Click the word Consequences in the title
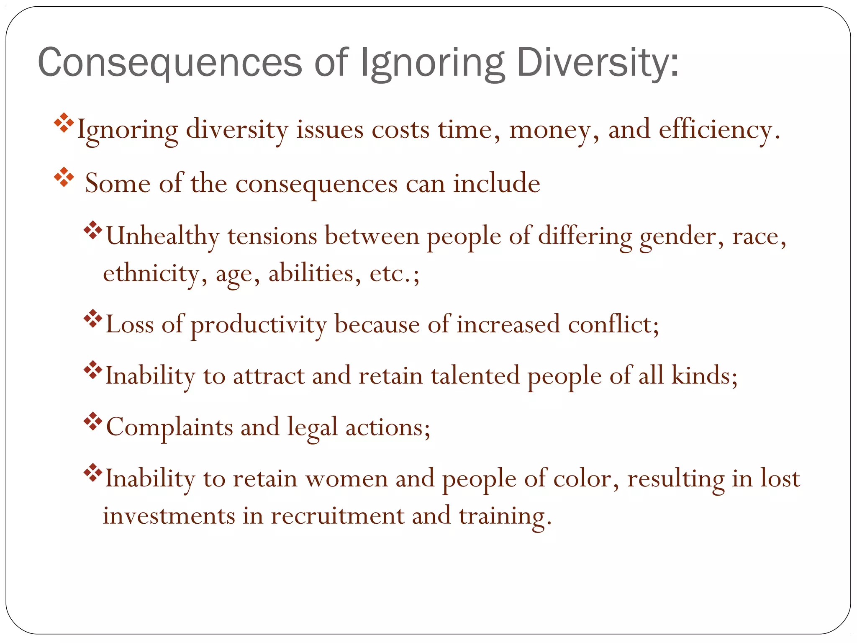coord(170,63)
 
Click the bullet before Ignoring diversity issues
coord(64,123)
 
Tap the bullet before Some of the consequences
coord(64,177)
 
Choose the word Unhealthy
coord(163,236)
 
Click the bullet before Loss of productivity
coord(93,319)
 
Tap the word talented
coord(475,376)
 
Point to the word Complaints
coord(169,427)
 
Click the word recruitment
coord(337,516)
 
